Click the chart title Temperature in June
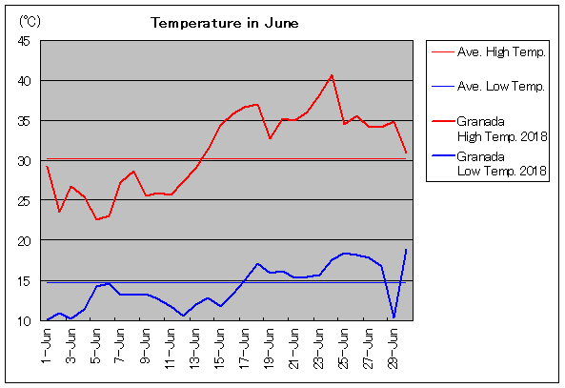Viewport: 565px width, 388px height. (225, 23)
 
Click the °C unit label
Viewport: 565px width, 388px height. (30, 22)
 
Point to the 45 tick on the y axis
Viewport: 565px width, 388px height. (24, 41)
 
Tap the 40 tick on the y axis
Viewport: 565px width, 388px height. (24, 81)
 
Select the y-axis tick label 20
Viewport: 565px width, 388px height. (24, 241)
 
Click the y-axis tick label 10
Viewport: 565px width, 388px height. (24, 320)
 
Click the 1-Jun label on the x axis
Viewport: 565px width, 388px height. (47, 346)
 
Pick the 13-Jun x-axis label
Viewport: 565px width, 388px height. (194, 348)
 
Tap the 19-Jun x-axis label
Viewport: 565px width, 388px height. (269, 348)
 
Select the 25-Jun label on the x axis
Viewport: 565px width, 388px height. (343, 348)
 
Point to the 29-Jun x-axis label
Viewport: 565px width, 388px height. (393, 348)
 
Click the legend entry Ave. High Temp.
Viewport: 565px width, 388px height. (489, 52)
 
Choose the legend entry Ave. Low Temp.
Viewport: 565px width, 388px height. (488, 87)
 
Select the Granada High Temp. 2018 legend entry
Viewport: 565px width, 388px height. (490, 129)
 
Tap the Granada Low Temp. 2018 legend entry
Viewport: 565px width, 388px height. (490, 164)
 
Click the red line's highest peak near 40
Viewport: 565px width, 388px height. (332, 75)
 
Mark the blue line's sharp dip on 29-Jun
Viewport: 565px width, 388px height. (393, 317)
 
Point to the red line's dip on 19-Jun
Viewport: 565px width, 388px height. (270, 138)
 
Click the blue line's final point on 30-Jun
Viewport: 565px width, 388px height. (406, 250)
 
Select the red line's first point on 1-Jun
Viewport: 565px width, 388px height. (47, 167)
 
